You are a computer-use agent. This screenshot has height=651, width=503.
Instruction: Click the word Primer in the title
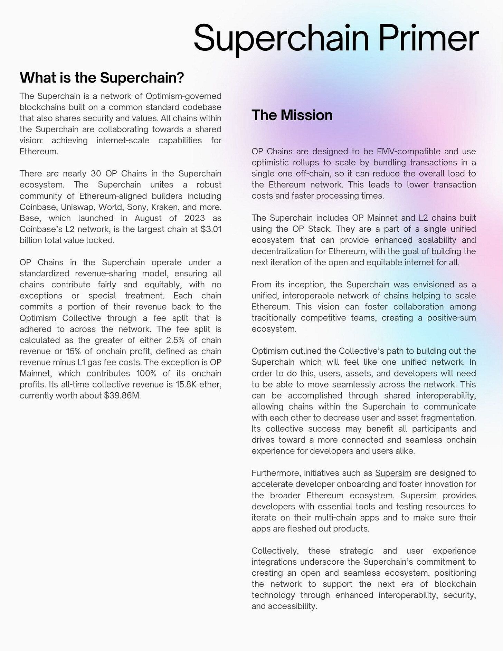point(428,38)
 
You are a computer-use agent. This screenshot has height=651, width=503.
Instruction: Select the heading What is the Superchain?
point(102,78)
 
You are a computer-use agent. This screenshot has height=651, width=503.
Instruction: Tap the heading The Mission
point(292,115)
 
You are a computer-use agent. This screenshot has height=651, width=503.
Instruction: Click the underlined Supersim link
point(393,473)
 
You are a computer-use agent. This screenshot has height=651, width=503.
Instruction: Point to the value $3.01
point(211,229)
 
